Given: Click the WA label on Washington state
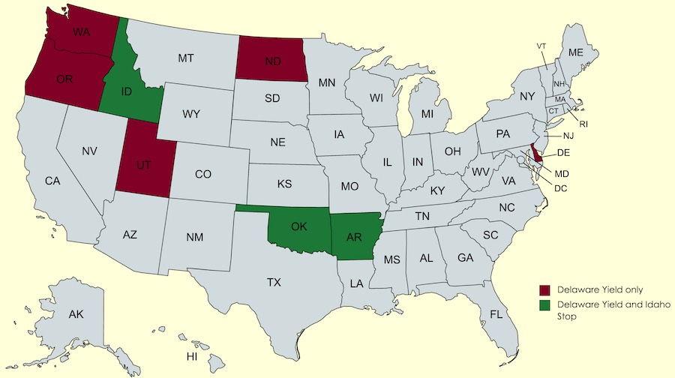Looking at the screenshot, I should click(x=82, y=32).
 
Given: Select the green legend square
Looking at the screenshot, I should click(x=546, y=305).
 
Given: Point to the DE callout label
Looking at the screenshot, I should click(x=565, y=152).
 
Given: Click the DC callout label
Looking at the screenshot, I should click(x=560, y=187).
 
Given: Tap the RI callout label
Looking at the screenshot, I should click(x=583, y=123).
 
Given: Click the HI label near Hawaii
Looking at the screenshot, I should click(x=193, y=355).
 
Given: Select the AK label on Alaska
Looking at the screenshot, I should click(x=76, y=314).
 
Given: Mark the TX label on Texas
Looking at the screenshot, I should click(x=274, y=283).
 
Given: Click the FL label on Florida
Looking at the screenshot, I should click(x=496, y=313).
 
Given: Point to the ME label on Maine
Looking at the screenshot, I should click(x=576, y=52).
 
